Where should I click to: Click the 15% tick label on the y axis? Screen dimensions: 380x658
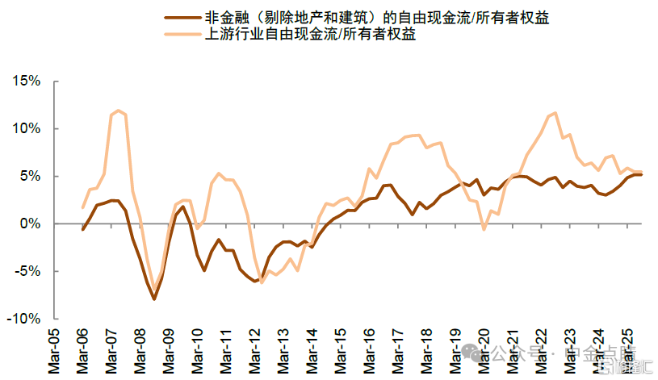pos(25,81)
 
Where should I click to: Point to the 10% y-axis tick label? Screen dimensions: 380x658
pos(25,129)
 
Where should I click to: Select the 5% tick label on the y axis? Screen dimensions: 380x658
pos(29,176)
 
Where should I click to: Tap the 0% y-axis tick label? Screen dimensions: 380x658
pos(29,223)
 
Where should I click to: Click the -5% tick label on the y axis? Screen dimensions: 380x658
pos(27,271)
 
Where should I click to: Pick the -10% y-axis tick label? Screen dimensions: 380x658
pos(23,319)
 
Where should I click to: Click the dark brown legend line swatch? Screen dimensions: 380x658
pos(182,17)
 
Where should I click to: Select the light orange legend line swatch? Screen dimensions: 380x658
pos(182,35)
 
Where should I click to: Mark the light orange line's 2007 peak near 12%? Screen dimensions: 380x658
pos(119,111)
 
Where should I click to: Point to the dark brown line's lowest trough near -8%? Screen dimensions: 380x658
pos(153,299)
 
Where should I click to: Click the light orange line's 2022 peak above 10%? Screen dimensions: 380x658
pos(554,113)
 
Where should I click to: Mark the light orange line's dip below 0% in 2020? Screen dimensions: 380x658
pos(484,230)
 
